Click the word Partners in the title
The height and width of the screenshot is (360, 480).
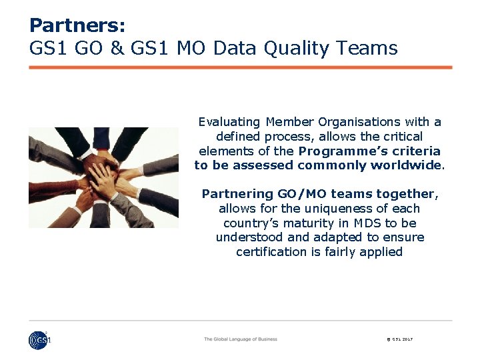(77, 26)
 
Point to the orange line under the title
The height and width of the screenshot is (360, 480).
(241, 67)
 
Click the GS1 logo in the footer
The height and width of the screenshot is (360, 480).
(39, 340)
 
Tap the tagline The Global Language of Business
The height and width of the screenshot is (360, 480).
(241, 339)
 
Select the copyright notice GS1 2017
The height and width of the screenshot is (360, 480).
(400, 340)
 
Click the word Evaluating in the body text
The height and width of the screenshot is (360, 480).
(229, 122)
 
